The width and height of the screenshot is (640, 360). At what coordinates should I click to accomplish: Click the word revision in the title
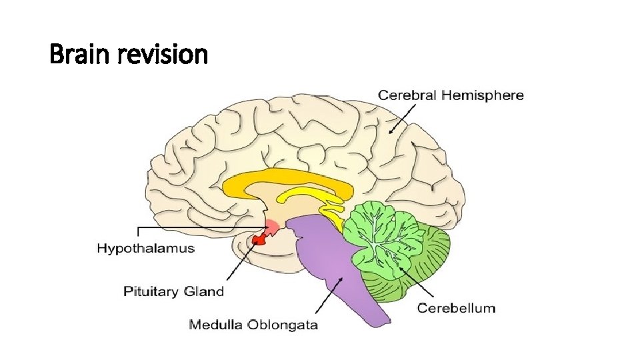[164, 55]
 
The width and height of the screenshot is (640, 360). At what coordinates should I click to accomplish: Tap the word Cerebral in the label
[407, 95]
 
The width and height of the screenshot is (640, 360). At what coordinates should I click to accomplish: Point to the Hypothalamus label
[146, 249]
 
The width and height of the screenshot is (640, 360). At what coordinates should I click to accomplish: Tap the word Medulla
[216, 325]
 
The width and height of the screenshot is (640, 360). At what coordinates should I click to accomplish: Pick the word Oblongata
[283, 325]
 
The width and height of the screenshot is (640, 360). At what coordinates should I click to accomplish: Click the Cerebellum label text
[457, 308]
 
